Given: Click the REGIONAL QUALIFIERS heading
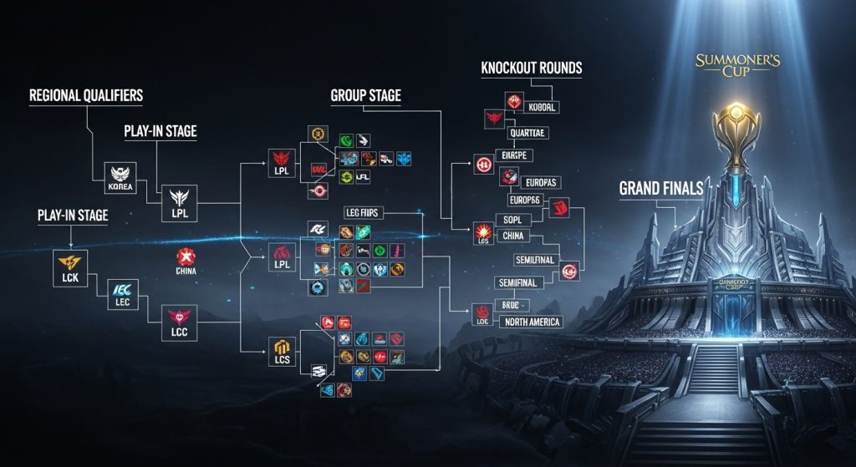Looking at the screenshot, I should click(x=86, y=95).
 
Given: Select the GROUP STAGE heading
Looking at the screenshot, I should click(x=365, y=96).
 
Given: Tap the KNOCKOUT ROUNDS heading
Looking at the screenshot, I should click(x=531, y=68).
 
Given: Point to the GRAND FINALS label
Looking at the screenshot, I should click(x=660, y=189).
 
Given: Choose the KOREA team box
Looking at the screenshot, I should click(x=118, y=173).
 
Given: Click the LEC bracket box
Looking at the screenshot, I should click(x=123, y=294).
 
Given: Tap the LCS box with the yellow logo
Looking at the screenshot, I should click(x=282, y=352).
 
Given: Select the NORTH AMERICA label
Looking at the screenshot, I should click(x=532, y=322).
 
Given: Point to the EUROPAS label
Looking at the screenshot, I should click(x=540, y=181).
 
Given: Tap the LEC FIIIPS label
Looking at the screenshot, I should click(x=362, y=213).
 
